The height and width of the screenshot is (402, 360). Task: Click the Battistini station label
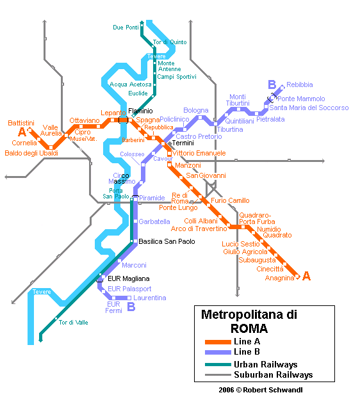20,122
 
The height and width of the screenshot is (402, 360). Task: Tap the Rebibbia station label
299,84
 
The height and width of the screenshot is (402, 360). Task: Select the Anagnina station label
279,277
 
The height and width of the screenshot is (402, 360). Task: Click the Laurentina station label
150,298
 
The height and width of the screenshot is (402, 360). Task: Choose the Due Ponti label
126,28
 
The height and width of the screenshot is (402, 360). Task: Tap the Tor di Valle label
74,322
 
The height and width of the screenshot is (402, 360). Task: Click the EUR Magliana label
128,278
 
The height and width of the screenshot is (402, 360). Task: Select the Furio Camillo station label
230,201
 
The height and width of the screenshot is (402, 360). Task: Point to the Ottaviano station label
85,120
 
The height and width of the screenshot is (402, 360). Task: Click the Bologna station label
196,111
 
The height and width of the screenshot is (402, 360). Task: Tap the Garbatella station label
154,221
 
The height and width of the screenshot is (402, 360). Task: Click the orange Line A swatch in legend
217,341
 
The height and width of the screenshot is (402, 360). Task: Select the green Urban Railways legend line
217,364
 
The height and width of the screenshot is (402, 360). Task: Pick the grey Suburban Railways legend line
217,375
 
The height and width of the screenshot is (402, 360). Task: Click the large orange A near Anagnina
306,277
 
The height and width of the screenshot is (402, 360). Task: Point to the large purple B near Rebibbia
272,84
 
